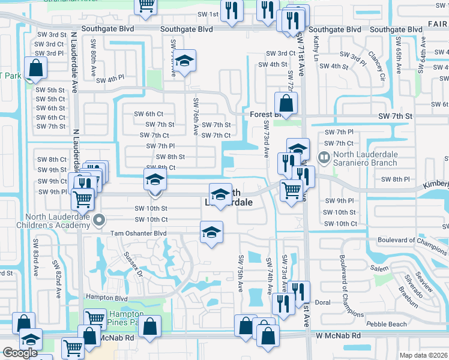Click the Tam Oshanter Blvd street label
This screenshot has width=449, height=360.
click(142, 233)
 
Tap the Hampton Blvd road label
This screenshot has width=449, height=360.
click(107, 298)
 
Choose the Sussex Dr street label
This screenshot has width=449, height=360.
click(133, 264)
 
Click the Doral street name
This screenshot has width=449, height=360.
click(323, 302)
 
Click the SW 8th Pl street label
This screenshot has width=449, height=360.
click(395, 179)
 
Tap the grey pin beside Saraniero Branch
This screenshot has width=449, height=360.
click(324, 158)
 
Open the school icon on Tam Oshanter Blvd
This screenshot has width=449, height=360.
click(211, 232)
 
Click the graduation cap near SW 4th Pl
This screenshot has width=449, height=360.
click(185, 60)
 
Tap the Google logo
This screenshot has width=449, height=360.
click(20, 353)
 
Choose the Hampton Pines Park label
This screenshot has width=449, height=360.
click(125, 318)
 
